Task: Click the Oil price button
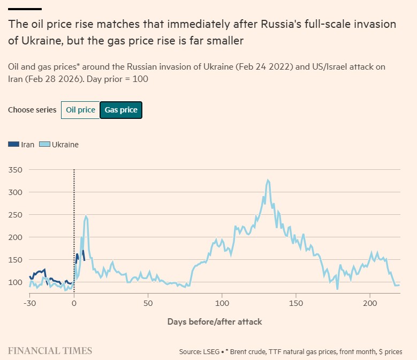click(x=80, y=110)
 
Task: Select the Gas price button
click(x=121, y=110)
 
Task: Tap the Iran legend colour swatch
click(x=14, y=144)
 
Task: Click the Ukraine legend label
click(x=65, y=144)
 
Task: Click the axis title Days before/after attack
click(x=215, y=321)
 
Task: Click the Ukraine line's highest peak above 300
click(x=268, y=181)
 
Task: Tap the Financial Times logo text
click(x=50, y=351)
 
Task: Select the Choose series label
click(x=32, y=110)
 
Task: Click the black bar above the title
click(x=25, y=9)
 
